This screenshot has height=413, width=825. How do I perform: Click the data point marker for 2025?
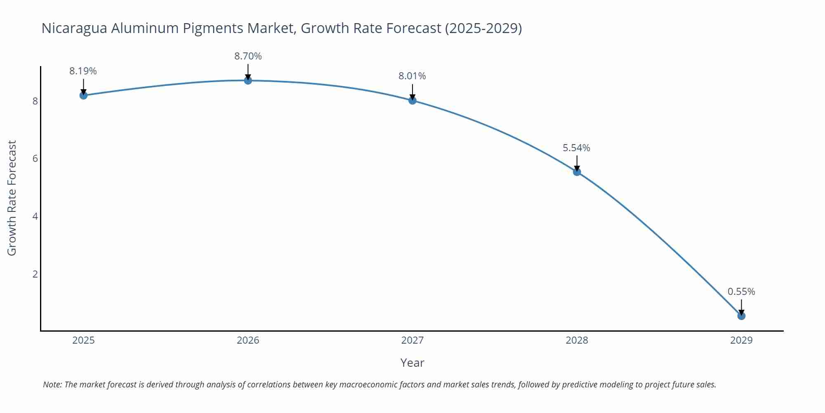[x=83, y=95]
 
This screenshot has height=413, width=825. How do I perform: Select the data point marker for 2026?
[x=248, y=81]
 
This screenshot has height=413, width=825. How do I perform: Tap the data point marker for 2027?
[x=412, y=100]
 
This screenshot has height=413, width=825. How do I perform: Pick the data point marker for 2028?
[x=577, y=172]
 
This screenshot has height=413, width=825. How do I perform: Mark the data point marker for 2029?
[x=741, y=316]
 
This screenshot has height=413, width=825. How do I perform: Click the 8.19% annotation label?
[x=83, y=71]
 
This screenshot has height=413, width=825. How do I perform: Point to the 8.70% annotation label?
[x=248, y=56]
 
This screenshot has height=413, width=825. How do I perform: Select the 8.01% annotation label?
[x=412, y=76]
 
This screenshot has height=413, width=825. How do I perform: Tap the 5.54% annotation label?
[x=576, y=148]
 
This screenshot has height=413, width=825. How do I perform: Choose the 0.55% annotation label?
[x=741, y=292]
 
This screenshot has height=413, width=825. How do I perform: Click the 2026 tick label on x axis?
[x=248, y=340]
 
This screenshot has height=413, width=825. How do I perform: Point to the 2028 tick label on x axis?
[x=577, y=340]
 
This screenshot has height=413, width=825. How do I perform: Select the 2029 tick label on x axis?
[x=741, y=340]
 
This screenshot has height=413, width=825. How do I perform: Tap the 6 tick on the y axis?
[x=35, y=159]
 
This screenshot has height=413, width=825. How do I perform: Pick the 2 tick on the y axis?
[x=35, y=274]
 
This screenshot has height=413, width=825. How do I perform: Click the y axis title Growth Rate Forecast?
[x=12, y=198]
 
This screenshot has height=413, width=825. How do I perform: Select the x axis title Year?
[x=412, y=363]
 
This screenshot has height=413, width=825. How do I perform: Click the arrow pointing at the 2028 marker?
[x=577, y=163]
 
